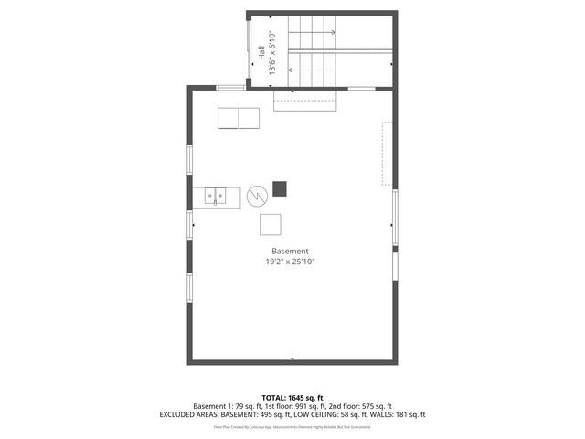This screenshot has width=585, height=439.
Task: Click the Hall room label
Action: tap(261, 54)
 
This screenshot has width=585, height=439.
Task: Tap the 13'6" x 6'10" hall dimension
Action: tap(272, 54)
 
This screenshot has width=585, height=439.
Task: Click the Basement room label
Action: tap(290, 251)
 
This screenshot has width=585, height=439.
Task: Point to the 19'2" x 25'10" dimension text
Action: tap(291, 262)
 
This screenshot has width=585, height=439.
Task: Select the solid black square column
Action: tap(279, 188)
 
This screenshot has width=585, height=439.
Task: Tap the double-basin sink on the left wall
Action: tap(217, 196)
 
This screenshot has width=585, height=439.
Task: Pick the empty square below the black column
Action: tap(271, 224)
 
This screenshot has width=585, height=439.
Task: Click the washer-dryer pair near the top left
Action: tap(238, 119)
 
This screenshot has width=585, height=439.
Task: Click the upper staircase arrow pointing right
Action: tap(313, 33)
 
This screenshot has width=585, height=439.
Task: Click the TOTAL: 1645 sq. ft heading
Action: tap(292, 397)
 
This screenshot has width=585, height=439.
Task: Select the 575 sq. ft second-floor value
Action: tap(375, 406)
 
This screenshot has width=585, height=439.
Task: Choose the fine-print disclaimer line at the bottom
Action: tap(292, 426)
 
